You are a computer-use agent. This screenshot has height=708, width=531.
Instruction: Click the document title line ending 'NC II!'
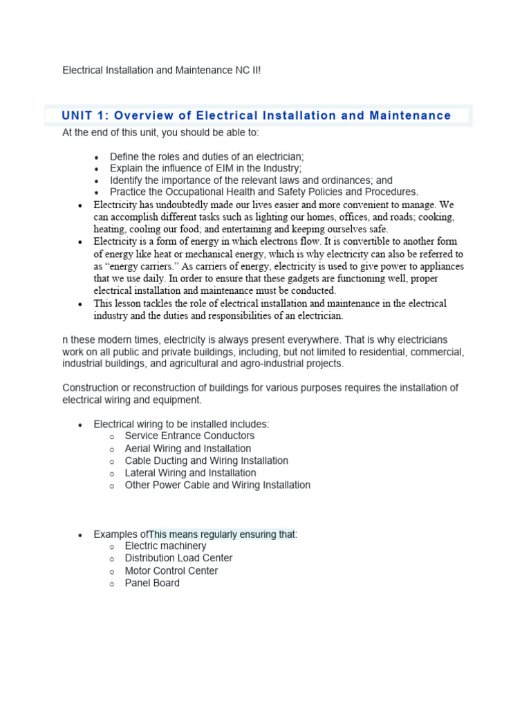162,71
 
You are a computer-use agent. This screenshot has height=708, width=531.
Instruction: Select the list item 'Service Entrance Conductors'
189,436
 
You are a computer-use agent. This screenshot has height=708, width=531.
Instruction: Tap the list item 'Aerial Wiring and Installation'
188,449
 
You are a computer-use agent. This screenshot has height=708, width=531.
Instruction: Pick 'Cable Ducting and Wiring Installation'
206,460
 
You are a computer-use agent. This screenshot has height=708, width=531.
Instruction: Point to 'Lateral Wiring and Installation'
190,473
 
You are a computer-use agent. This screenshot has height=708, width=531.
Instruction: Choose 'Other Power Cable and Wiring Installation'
217,485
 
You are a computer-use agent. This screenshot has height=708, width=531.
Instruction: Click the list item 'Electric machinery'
165,546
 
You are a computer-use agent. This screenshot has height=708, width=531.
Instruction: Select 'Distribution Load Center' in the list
178,558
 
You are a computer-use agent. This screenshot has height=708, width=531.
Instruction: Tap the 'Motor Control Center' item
171,570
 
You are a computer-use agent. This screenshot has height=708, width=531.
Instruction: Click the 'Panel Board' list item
152,583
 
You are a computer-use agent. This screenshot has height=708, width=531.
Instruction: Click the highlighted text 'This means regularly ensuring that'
222,534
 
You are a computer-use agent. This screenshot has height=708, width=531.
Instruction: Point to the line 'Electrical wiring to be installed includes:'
181,424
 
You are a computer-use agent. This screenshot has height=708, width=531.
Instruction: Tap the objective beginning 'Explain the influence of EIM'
205,169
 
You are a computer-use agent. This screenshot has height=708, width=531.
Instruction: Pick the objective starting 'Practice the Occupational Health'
264,192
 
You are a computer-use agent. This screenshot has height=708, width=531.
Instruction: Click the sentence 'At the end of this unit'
161,132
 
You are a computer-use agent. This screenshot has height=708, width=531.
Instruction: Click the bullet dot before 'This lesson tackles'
81,304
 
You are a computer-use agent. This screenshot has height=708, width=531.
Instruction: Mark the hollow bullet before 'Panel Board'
112,584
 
